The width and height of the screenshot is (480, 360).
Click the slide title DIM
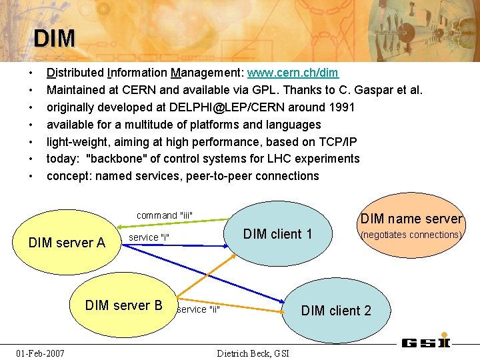(x=54, y=38)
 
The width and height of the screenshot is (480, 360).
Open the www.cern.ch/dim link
(x=293, y=73)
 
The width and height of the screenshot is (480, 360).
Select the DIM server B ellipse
(x=123, y=306)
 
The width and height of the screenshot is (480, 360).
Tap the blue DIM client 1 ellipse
(x=277, y=234)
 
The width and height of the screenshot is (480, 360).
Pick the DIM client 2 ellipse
(x=336, y=311)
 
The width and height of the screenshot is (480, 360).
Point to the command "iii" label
(x=164, y=215)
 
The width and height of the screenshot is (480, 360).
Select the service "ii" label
(x=198, y=309)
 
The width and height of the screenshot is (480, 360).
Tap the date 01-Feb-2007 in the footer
(x=41, y=353)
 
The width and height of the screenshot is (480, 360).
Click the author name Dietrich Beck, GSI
(x=253, y=353)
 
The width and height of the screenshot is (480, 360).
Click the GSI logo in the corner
(x=426, y=343)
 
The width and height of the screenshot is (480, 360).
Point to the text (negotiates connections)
(x=411, y=235)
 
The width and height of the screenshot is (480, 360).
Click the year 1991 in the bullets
(x=341, y=107)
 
